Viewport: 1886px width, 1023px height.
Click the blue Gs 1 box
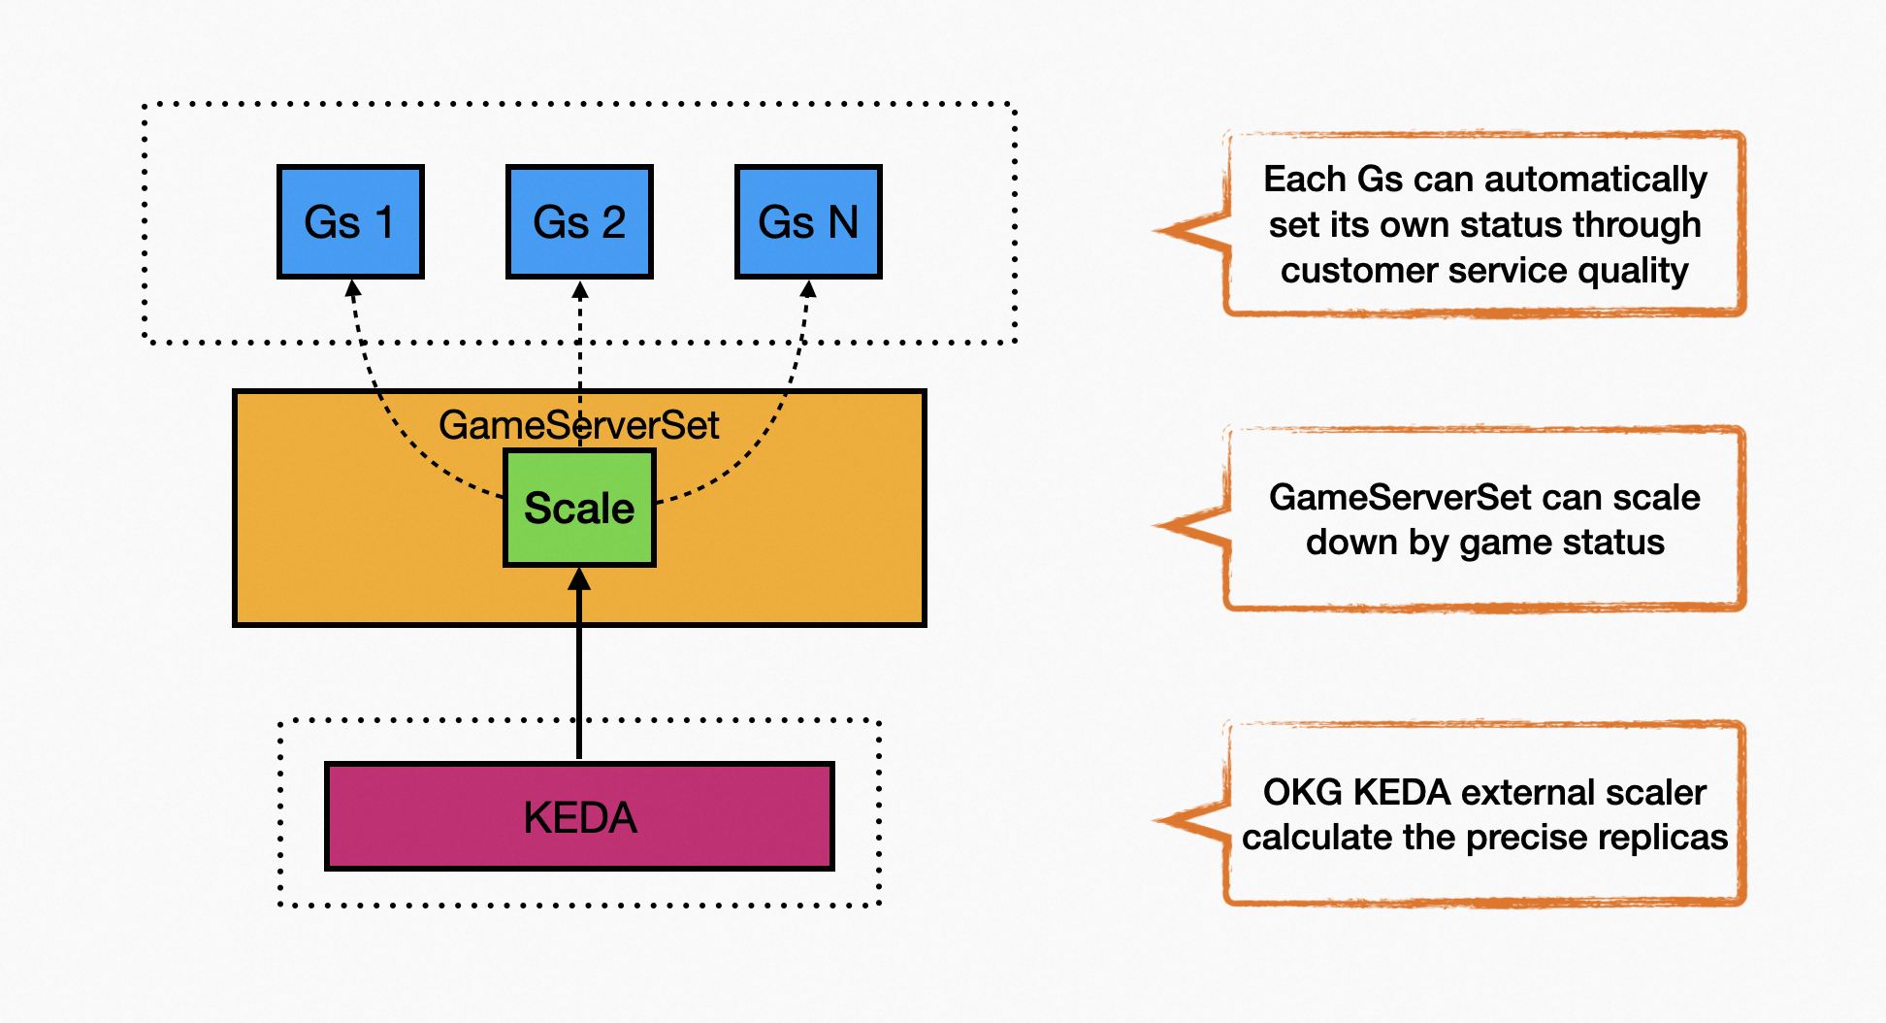(x=350, y=222)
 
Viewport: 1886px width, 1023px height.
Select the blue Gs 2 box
(x=579, y=222)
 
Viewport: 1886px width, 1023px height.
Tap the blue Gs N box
(x=808, y=222)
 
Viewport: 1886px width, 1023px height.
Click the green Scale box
(x=579, y=508)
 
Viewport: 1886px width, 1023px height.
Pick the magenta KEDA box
(x=579, y=816)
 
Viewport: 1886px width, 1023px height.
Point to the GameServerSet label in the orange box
(x=578, y=425)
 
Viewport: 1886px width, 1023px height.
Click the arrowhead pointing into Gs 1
(x=353, y=288)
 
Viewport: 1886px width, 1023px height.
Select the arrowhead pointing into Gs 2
(x=580, y=289)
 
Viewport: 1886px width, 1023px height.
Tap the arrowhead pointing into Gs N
(x=808, y=288)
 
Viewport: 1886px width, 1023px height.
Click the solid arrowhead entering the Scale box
(x=579, y=578)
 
